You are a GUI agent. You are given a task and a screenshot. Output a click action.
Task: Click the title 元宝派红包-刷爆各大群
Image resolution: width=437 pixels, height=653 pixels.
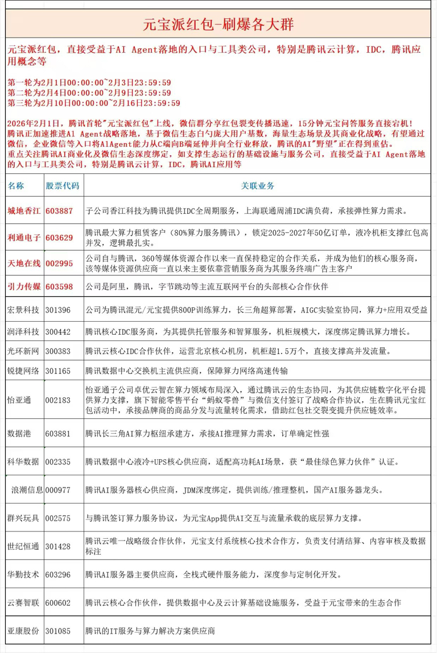218,25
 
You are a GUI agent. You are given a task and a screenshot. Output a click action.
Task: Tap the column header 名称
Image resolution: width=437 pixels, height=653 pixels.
17,186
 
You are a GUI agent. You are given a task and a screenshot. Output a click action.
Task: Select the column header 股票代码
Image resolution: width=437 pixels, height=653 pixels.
62,186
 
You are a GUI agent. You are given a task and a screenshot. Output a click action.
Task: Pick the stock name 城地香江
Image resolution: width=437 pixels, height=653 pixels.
23,211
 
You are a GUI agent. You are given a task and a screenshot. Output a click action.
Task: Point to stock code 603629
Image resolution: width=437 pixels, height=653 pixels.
59,237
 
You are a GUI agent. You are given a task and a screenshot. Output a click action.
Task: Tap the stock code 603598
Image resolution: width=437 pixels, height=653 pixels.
59,287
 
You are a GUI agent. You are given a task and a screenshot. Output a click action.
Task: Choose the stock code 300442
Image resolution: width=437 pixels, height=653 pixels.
58,331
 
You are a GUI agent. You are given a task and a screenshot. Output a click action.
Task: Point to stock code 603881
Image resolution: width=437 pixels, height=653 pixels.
58,434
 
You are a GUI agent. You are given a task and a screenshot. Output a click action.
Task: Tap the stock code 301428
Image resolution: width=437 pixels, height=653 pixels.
58,546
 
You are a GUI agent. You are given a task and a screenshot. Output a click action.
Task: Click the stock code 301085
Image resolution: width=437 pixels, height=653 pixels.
58,631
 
